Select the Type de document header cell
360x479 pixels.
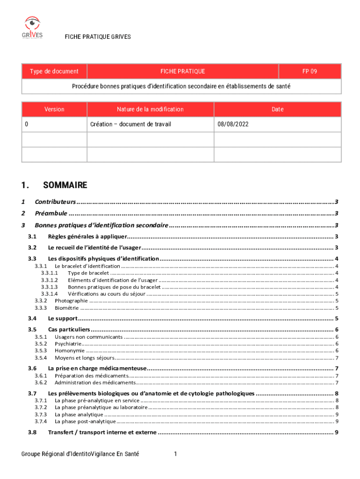[54, 71]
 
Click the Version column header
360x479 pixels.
[54, 109]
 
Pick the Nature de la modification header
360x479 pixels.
[150, 109]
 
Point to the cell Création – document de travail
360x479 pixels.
[130, 124]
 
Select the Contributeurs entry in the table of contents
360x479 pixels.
[55, 202]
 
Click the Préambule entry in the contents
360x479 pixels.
[51, 214]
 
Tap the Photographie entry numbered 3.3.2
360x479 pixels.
[71, 301]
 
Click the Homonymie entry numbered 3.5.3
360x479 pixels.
[70, 350]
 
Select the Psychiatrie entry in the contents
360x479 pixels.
[68, 344]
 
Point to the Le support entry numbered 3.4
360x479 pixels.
[63, 319]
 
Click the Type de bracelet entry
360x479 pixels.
[88, 273]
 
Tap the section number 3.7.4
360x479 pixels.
[41, 421]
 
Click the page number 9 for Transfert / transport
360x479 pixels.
[337, 432]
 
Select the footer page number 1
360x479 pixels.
[175, 454]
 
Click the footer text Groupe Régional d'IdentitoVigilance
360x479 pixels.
[80, 454]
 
